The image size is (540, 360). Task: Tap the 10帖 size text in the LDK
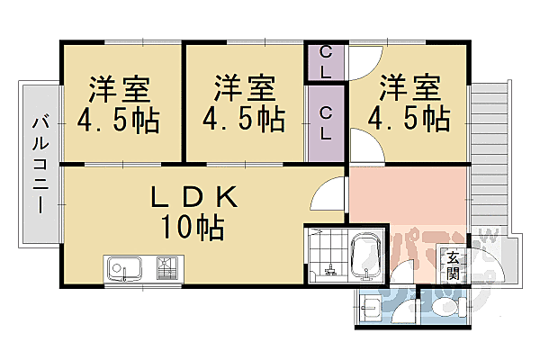[191, 227]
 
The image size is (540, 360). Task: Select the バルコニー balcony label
[40, 164]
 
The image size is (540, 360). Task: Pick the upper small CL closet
[326, 63]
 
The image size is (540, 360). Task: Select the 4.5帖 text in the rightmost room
[409, 117]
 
